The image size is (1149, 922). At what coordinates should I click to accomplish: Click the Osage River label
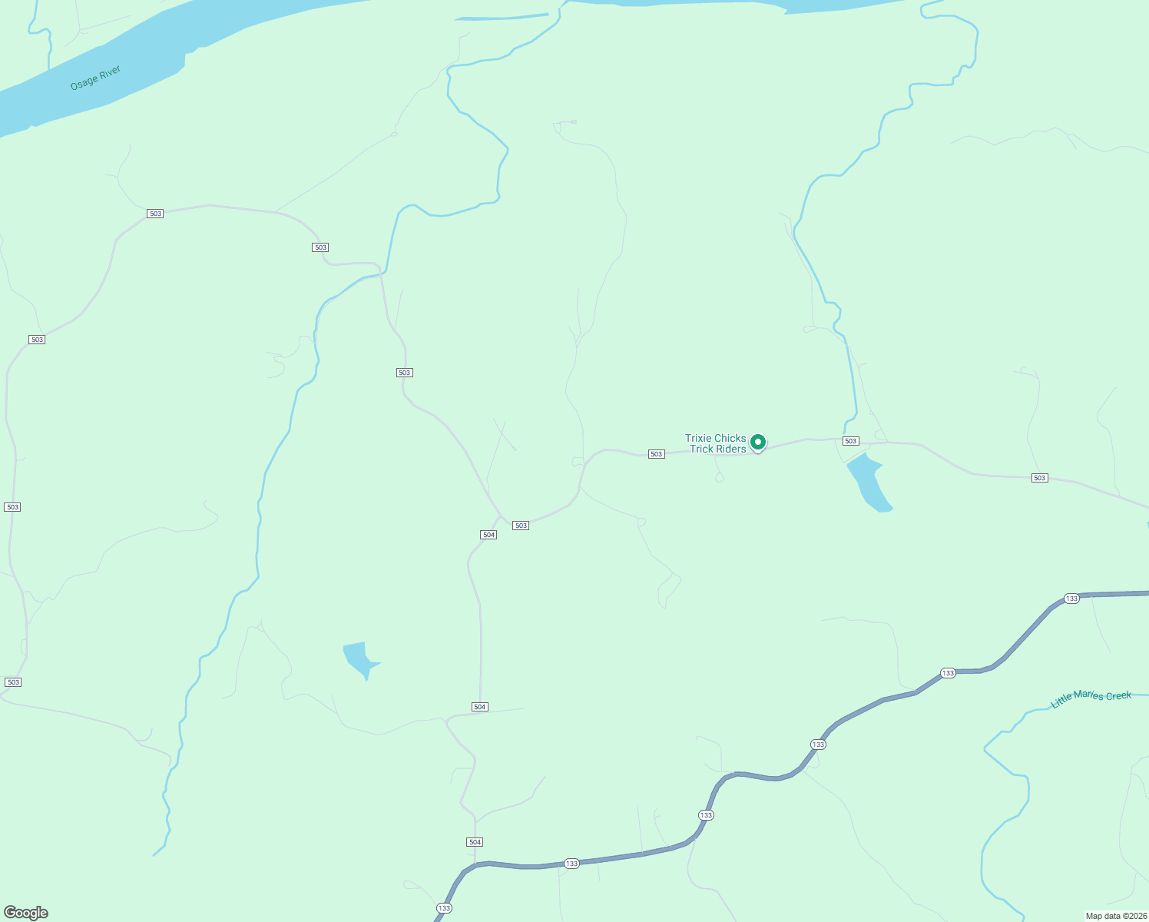pos(95,78)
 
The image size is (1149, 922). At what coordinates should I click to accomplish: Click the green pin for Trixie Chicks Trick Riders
pos(757,442)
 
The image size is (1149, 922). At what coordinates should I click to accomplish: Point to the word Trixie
pos(699,438)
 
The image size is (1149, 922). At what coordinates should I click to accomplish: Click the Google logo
pos(26,912)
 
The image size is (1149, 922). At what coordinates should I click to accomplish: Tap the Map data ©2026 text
pos(1115,916)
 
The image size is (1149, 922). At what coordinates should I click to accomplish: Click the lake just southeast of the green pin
pos(868,483)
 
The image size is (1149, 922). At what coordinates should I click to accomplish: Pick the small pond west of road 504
pos(359,658)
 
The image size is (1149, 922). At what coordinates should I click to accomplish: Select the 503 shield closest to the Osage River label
pos(155,214)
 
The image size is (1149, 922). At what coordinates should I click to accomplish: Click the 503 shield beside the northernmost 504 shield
pos(521,526)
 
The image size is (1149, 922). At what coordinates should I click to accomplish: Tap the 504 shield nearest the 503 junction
pos(488,534)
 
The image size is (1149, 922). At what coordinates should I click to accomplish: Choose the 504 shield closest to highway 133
pos(475,842)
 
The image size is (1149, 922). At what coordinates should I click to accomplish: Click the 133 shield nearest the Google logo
pos(444,908)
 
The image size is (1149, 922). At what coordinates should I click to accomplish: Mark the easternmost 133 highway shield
pos(1071,598)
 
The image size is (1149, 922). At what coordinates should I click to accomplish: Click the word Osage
pos(84,82)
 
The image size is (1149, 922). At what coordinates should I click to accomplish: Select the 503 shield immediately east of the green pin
pos(850,441)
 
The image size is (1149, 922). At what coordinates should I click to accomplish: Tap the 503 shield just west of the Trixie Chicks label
pos(656,454)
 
